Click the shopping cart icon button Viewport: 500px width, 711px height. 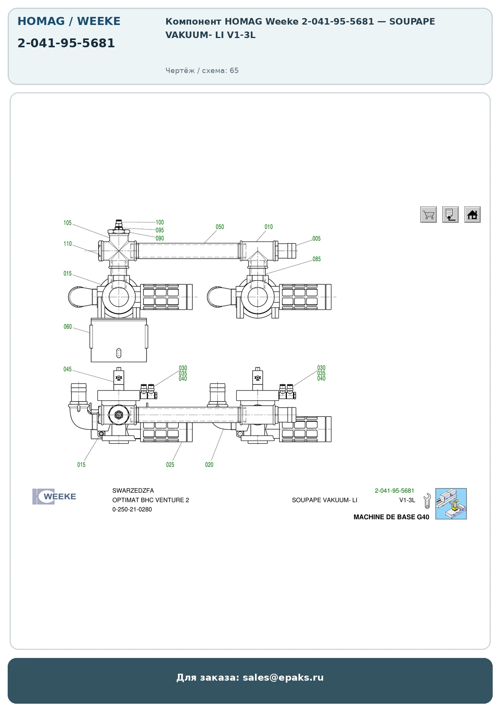[428, 214]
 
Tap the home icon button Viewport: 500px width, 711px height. [472, 214]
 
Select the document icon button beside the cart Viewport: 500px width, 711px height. [450, 214]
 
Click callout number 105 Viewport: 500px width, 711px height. [68, 223]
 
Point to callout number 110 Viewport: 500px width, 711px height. [68, 244]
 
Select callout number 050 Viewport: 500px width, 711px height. [220, 227]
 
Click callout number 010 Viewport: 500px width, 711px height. [268, 227]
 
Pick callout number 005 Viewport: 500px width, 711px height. [317, 239]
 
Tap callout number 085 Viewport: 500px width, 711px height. [317, 259]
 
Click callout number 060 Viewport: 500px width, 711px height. [68, 327]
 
